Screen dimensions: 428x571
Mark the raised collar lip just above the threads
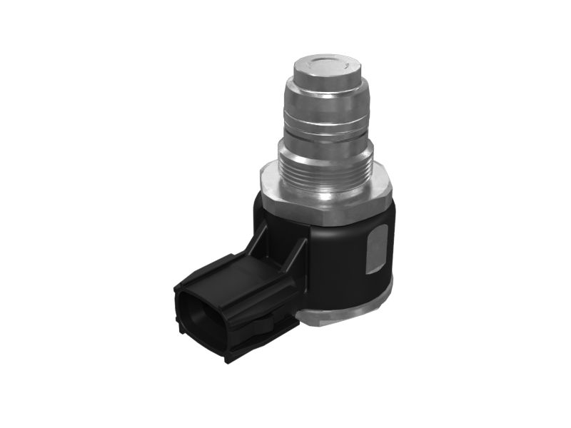[x=325, y=148]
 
